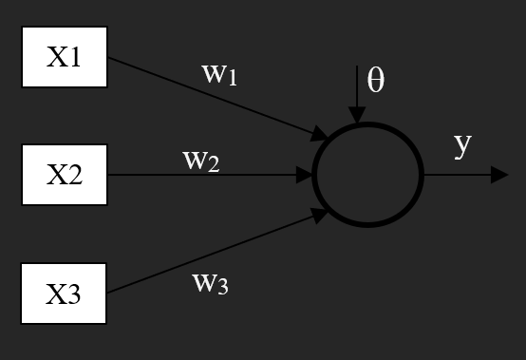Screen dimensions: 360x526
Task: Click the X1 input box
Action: [x=65, y=57]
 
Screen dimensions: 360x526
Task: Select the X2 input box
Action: [x=65, y=176]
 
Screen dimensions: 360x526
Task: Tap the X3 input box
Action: [x=65, y=294]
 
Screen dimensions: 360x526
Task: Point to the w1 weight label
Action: [x=218, y=73]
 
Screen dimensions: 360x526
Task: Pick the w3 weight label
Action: [x=210, y=282]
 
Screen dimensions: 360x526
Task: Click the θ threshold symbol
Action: [x=376, y=81]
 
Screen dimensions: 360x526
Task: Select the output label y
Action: [x=462, y=144]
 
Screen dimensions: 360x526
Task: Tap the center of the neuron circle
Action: [x=366, y=176]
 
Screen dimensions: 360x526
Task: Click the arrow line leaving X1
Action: [x=209, y=96]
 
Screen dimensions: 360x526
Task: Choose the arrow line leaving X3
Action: [x=209, y=256]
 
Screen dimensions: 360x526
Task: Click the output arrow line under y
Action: [x=460, y=176]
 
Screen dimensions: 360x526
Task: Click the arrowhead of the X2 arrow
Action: [x=306, y=176]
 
